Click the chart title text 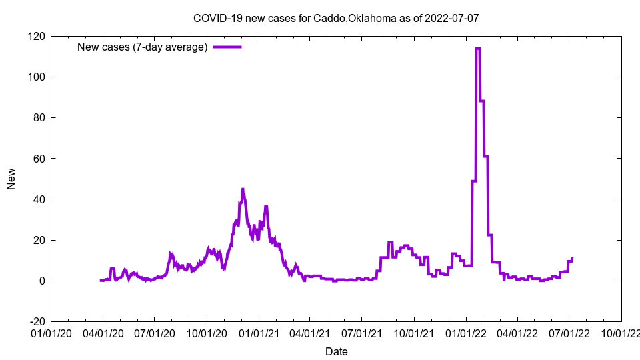click(336, 18)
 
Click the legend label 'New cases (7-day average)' click(143, 47)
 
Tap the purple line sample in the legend click(227, 47)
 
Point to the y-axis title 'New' click(11, 179)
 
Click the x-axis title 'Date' click(336, 351)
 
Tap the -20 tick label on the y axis click(36, 321)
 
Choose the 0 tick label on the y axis click(41, 281)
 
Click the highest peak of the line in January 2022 click(477, 49)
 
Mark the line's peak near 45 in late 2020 click(243, 189)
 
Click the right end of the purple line click(572, 259)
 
